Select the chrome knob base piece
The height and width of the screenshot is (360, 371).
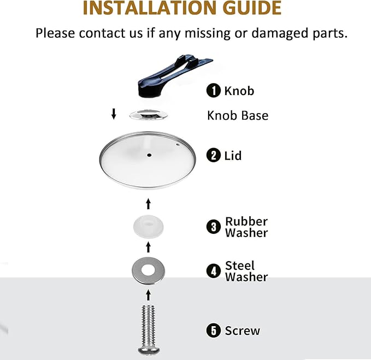(x=149, y=115)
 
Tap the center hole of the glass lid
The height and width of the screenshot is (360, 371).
(x=149, y=155)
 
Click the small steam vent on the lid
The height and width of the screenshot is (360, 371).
(x=178, y=145)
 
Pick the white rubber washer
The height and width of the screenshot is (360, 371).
(x=149, y=226)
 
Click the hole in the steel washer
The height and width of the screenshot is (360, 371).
(x=149, y=270)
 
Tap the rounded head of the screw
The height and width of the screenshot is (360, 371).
(x=149, y=350)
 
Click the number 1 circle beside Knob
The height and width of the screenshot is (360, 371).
(x=214, y=91)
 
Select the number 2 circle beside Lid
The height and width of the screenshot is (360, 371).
(x=214, y=155)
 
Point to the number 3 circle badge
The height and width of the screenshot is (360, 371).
(x=214, y=227)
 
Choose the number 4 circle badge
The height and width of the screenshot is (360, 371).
(x=214, y=271)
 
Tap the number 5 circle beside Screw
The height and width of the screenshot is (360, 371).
(x=214, y=331)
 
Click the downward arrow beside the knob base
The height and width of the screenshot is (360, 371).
(x=114, y=114)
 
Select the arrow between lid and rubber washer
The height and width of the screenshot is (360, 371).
(x=149, y=204)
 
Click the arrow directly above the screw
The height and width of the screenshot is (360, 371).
(x=149, y=295)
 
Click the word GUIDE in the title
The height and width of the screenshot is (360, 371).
(x=252, y=8)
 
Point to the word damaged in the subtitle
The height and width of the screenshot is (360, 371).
(x=280, y=33)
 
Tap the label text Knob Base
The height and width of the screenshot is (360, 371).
(x=238, y=116)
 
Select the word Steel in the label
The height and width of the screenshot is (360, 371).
(x=240, y=265)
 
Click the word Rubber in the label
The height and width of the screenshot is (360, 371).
(x=246, y=222)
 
